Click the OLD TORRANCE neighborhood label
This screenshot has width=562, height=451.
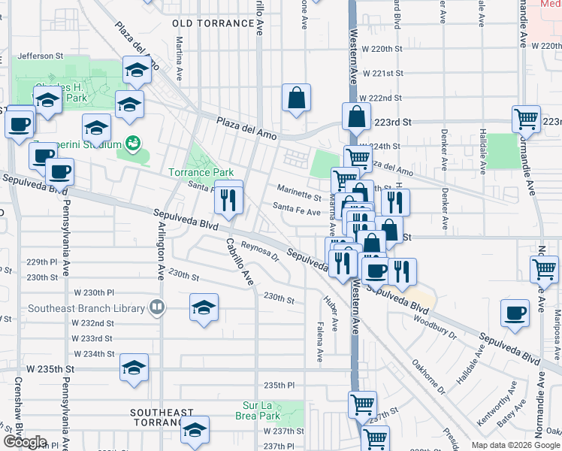coord(213,23)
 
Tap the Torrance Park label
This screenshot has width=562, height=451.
coord(201,172)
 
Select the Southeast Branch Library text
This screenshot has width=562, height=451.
coord(86,308)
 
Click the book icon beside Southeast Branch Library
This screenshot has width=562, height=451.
coord(156,306)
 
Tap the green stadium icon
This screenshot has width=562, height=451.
coord(133,142)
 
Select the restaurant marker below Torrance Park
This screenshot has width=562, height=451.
coord(229,199)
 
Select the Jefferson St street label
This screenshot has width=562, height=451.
coord(41,56)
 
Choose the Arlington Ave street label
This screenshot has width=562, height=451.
coord(160,249)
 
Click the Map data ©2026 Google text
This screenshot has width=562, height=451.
coord(515,444)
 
